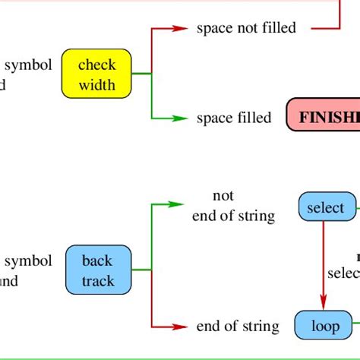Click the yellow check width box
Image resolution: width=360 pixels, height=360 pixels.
pyautogui.click(x=96, y=74)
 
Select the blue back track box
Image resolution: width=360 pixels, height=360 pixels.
pyautogui.click(x=96, y=271)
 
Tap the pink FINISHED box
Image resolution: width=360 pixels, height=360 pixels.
pyautogui.click(x=324, y=118)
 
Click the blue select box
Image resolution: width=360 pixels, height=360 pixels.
pyautogui.click(x=326, y=207)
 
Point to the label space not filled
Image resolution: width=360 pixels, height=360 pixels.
pyautogui.click(x=246, y=28)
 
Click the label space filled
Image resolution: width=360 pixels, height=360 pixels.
pyautogui.click(x=233, y=118)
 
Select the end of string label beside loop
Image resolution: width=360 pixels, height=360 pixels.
pyautogui.click(x=238, y=327)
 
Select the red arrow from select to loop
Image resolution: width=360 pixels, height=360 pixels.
pyautogui.click(x=324, y=266)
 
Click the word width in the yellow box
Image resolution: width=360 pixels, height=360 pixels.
pyautogui.click(x=96, y=84)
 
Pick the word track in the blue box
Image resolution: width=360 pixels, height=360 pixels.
pyautogui.click(x=97, y=281)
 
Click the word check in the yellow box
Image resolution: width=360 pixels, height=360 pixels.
pyautogui.click(x=96, y=65)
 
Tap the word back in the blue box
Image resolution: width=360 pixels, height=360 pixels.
pyautogui.click(x=97, y=262)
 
